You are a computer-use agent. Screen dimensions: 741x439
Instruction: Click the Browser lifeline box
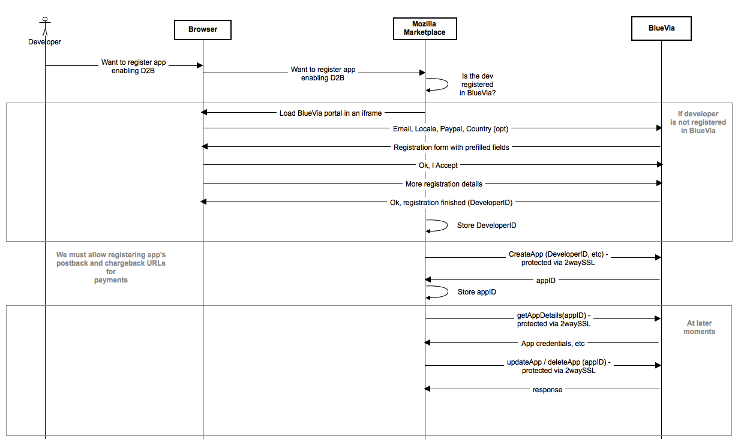pos(203,30)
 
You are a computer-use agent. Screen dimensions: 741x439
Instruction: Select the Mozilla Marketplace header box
pos(425,29)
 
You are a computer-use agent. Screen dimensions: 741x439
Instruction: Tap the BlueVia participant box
pos(661,28)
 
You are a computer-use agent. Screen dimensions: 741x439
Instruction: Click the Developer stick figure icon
pos(45,26)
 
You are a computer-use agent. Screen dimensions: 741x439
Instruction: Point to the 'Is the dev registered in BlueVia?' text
pos(478,85)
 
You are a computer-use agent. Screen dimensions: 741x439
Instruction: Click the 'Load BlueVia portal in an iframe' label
pos(331,113)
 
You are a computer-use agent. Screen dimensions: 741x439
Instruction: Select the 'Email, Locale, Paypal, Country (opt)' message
pos(451,128)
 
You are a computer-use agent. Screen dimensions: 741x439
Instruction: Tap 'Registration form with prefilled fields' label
pos(451,147)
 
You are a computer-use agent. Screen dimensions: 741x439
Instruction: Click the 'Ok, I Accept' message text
pos(438,166)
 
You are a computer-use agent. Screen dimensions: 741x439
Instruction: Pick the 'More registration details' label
pos(444,184)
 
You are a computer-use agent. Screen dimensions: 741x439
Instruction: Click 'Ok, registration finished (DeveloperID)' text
pos(451,202)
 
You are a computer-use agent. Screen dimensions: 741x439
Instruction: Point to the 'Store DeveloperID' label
pos(487,225)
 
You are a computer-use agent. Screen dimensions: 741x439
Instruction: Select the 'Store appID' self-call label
pos(476,292)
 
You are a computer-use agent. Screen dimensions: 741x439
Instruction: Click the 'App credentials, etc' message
pos(553,344)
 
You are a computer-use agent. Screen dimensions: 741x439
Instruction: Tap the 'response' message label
pos(547,390)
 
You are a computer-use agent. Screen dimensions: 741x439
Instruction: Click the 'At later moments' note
pos(700,327)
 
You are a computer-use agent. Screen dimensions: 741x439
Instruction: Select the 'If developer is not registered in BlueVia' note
pos(698,122)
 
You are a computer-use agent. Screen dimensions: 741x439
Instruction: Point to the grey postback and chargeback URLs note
pos(111,267)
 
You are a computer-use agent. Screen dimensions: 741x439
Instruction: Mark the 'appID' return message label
pos(545,280)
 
